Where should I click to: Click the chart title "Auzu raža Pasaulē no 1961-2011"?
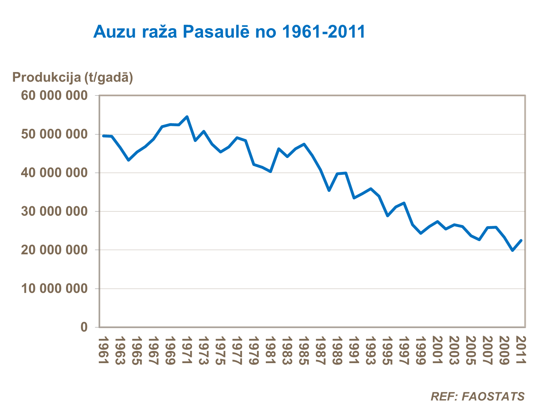tap(229, 32)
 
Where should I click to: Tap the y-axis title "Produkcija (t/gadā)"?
tap(73, 77)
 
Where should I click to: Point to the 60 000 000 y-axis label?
tap(54, 96)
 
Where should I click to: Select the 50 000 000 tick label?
tap(54, 134)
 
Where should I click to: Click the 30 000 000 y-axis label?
tap(54, 211)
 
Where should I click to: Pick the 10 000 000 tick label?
tap(54, 288)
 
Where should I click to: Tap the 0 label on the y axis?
tap(84, 327)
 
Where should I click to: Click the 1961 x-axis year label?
tap(103, 351)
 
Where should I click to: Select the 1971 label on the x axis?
tap(187, 351)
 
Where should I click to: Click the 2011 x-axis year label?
tap(521, 351)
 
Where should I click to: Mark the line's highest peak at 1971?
tap(187, 117)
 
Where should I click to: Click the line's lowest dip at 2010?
tap(513, 250)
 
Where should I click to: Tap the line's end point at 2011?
tap(521, 240)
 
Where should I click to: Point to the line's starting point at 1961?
tap(103, 136)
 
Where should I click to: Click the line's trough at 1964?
tap(128, 160)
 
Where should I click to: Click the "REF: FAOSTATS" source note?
tap(477, 396)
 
